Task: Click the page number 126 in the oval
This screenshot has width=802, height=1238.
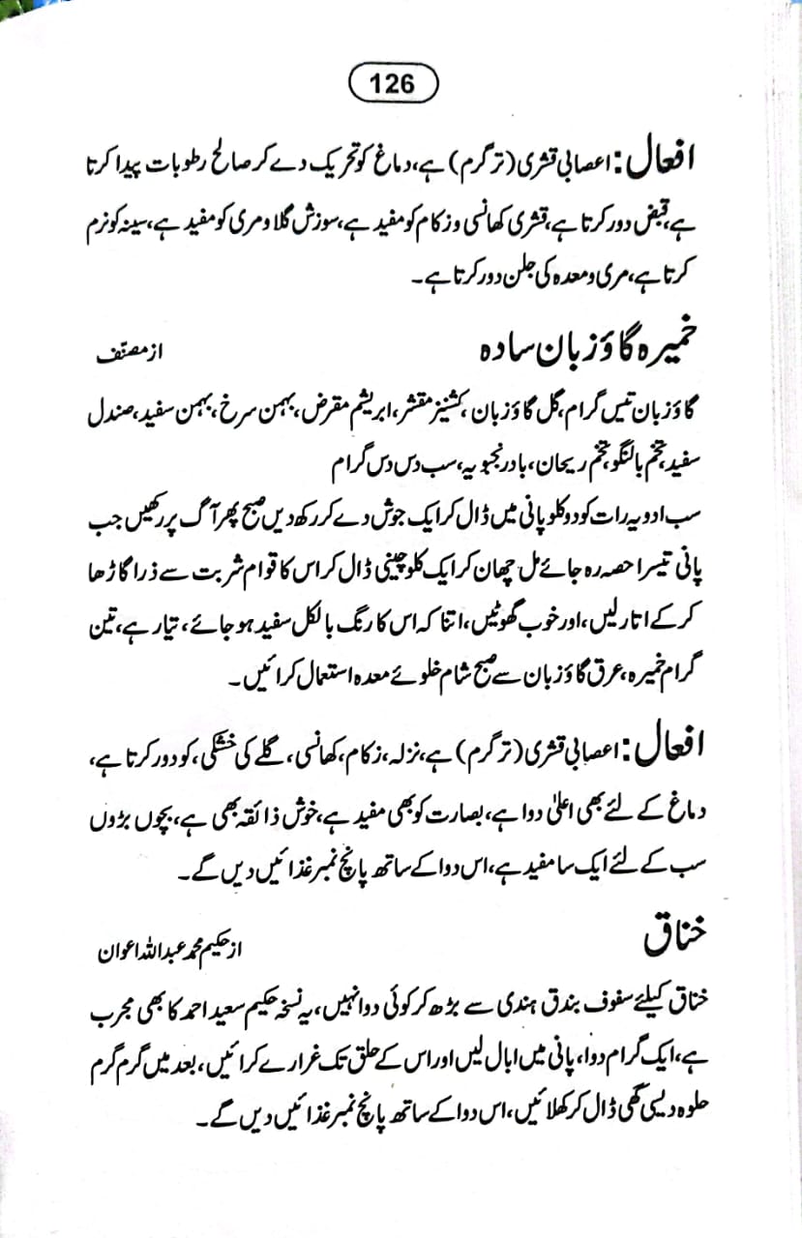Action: tap(391, 83)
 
